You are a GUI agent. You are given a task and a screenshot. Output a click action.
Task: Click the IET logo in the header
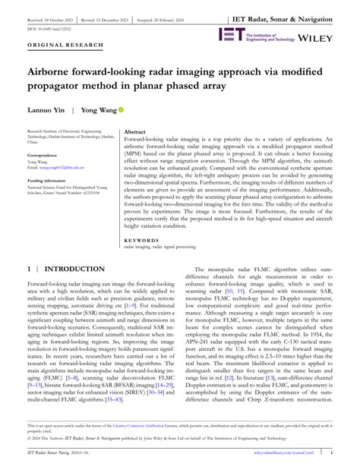pyautogui.click(x=229, y=34)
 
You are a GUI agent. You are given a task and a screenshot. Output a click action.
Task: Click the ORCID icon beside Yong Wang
pyautogui.click(x=120, y=109)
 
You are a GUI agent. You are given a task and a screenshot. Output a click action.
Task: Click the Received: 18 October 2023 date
pyautogui.click(x=50, y=15)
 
